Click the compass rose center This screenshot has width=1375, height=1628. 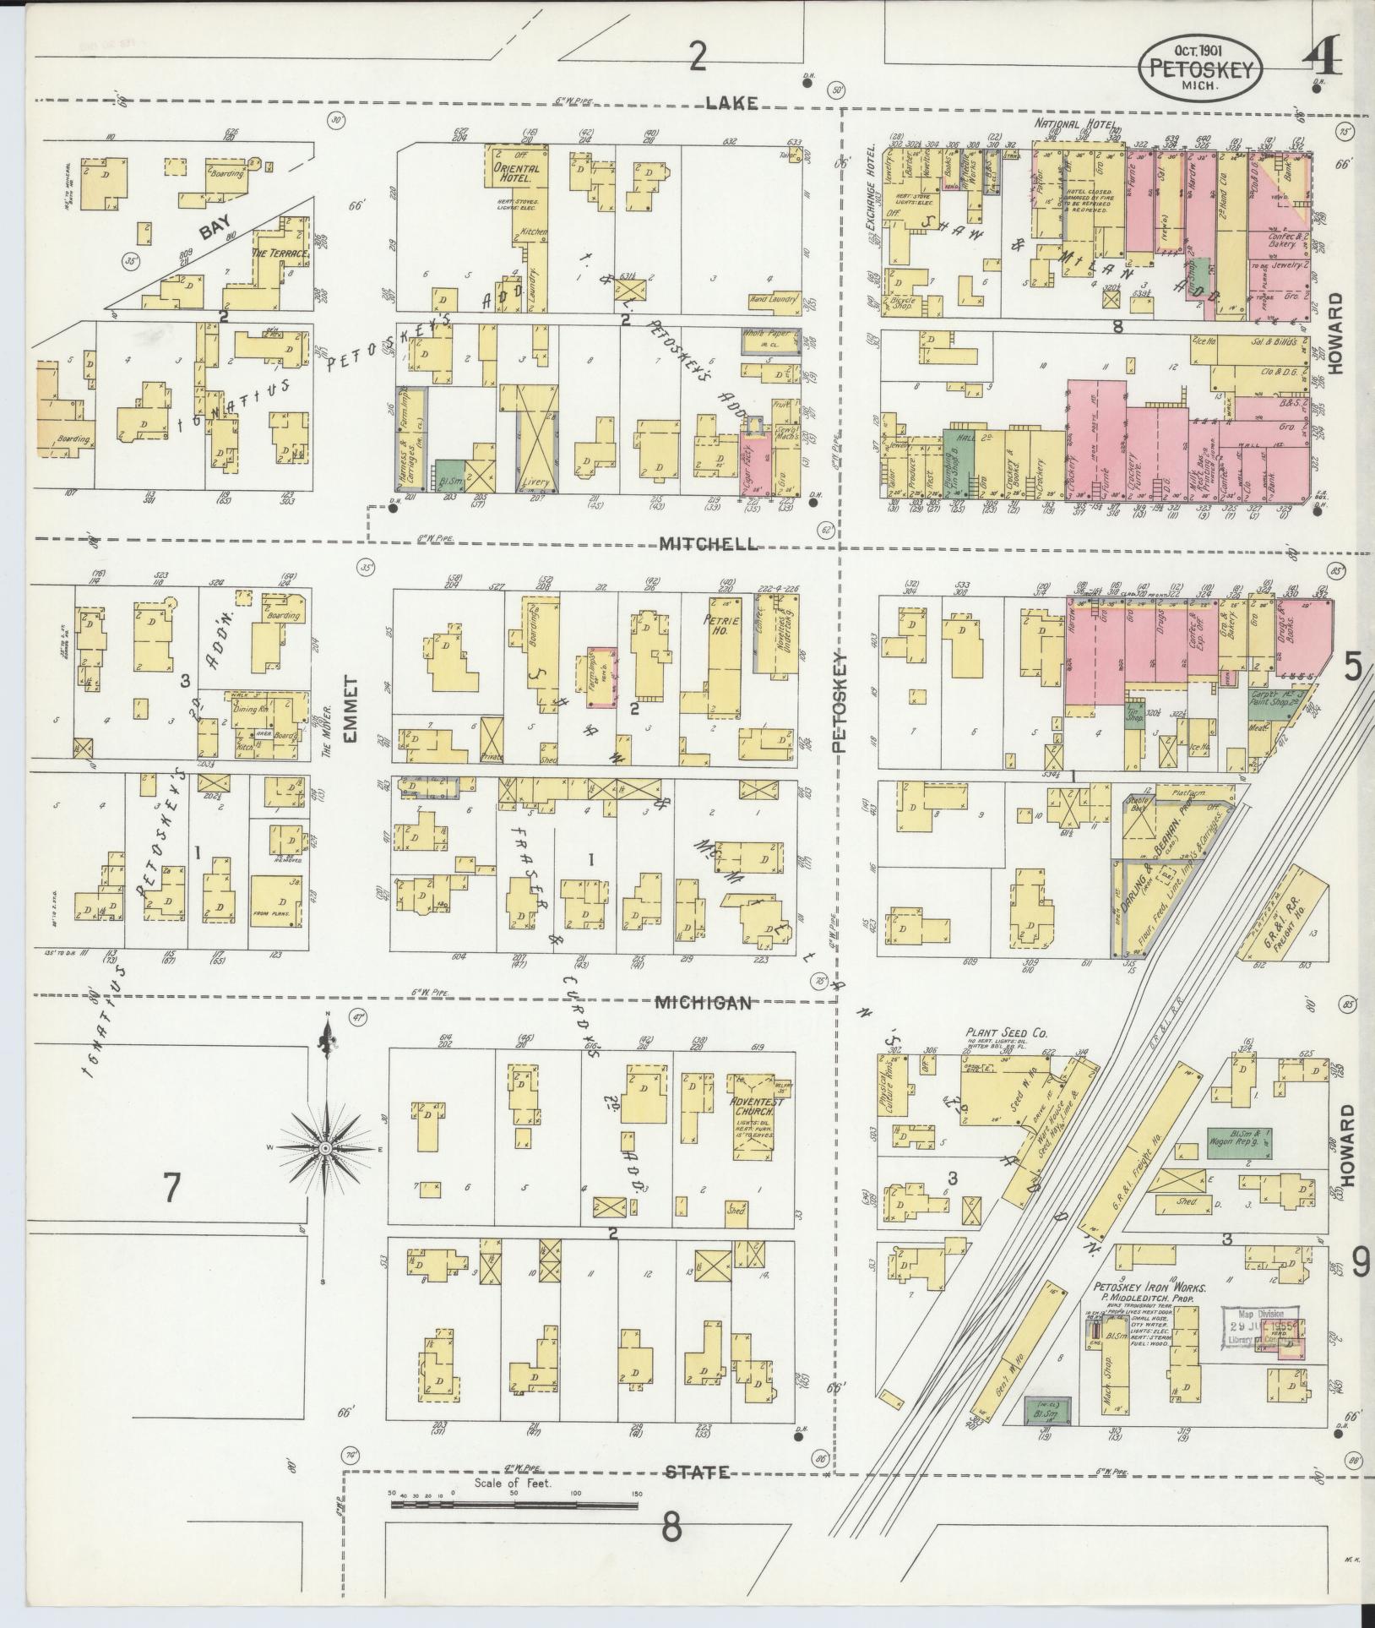pyautogui.click(x=324, y=1150)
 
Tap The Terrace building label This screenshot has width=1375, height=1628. pyautogui.click(x=280, y=253)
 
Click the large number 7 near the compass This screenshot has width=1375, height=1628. pyautogui.click(x=171, y=1188)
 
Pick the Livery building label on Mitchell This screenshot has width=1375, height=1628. pyautogui.click(x=535, y=482)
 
